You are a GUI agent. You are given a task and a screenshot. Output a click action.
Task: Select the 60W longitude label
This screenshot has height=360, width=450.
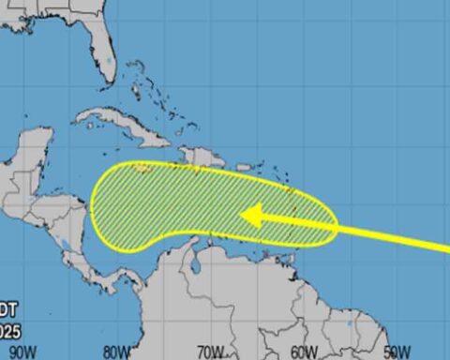(303, 352)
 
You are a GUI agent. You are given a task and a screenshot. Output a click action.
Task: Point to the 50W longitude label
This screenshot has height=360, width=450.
(397, 352)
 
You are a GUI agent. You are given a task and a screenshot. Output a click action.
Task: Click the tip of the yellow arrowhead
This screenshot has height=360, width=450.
(241, 216)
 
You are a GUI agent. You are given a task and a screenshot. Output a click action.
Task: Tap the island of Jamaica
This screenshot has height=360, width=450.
(140, 170)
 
